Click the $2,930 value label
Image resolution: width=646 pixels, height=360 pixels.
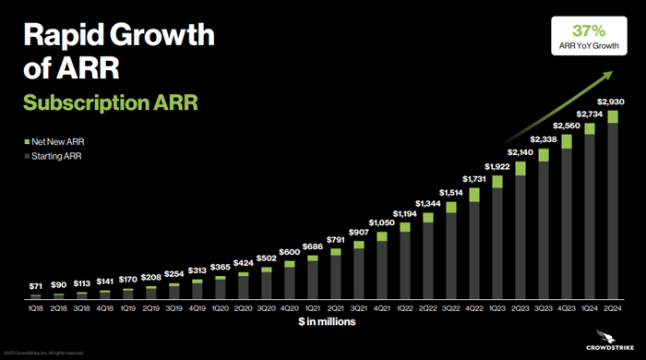click(613, 102)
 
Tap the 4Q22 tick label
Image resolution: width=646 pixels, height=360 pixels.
click(474, 309)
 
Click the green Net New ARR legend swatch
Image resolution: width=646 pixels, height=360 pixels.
click(27, 143)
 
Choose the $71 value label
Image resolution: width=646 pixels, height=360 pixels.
click(36, 286)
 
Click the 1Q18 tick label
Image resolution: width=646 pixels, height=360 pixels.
click(36, 309)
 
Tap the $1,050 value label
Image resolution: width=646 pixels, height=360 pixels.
click(382, 222)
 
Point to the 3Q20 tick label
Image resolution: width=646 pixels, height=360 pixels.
click(267, 309)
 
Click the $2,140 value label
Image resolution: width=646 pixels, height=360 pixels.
click(520, 151)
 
